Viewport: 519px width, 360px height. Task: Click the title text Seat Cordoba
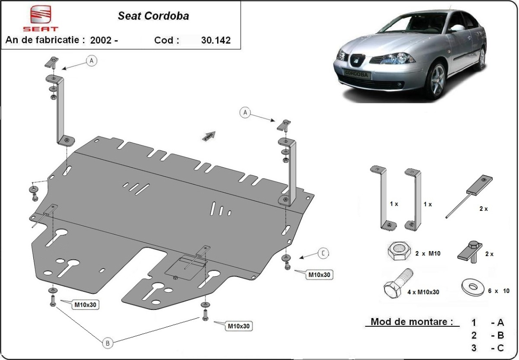coord(153,16)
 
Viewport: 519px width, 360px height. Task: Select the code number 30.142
coord(216,40)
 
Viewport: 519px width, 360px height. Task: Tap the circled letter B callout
coord(108,344)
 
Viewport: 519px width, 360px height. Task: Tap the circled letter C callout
coord(323,254)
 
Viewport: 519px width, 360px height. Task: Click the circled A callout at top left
coord(92,61)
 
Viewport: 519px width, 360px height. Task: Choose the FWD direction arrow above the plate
coord(209,136)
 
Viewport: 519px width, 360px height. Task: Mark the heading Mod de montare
coord(412,322)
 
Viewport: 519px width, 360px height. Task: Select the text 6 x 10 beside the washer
coord(499,291)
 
